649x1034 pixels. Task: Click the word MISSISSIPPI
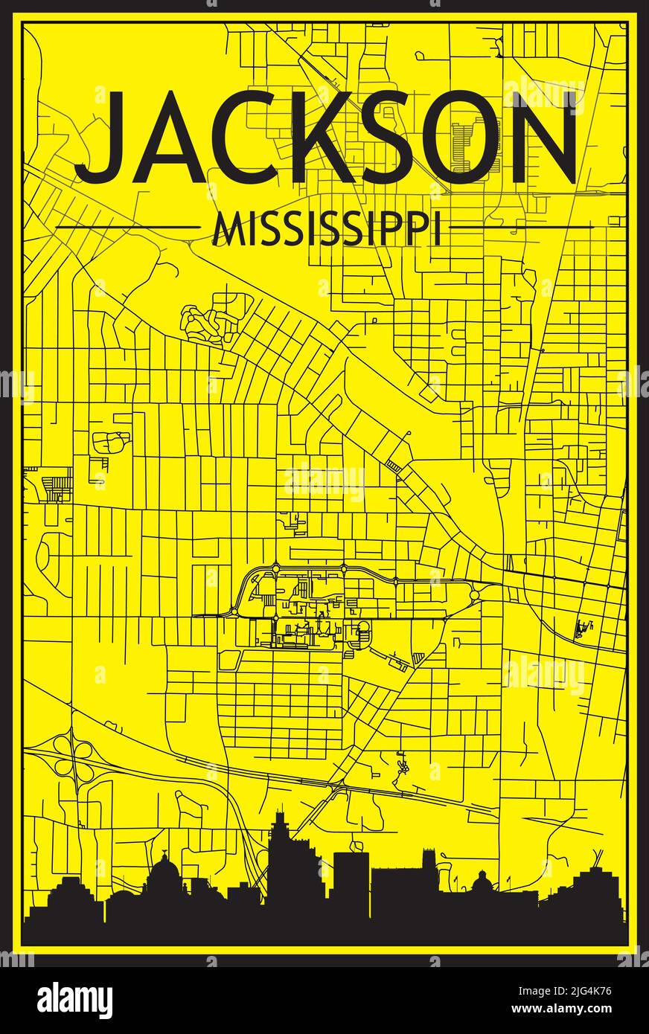pos(326,228)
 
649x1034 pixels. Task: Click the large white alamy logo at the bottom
pos(74,1000)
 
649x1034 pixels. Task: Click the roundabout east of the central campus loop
pos(475,595)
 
